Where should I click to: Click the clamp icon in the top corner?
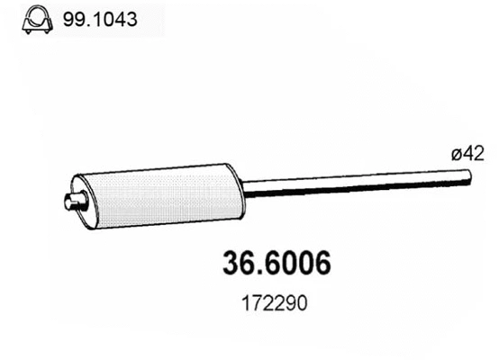click(x=34, y=17)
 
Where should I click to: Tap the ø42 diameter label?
click(x=469, y=154)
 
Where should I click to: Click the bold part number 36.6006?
click(x=276, y=264)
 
